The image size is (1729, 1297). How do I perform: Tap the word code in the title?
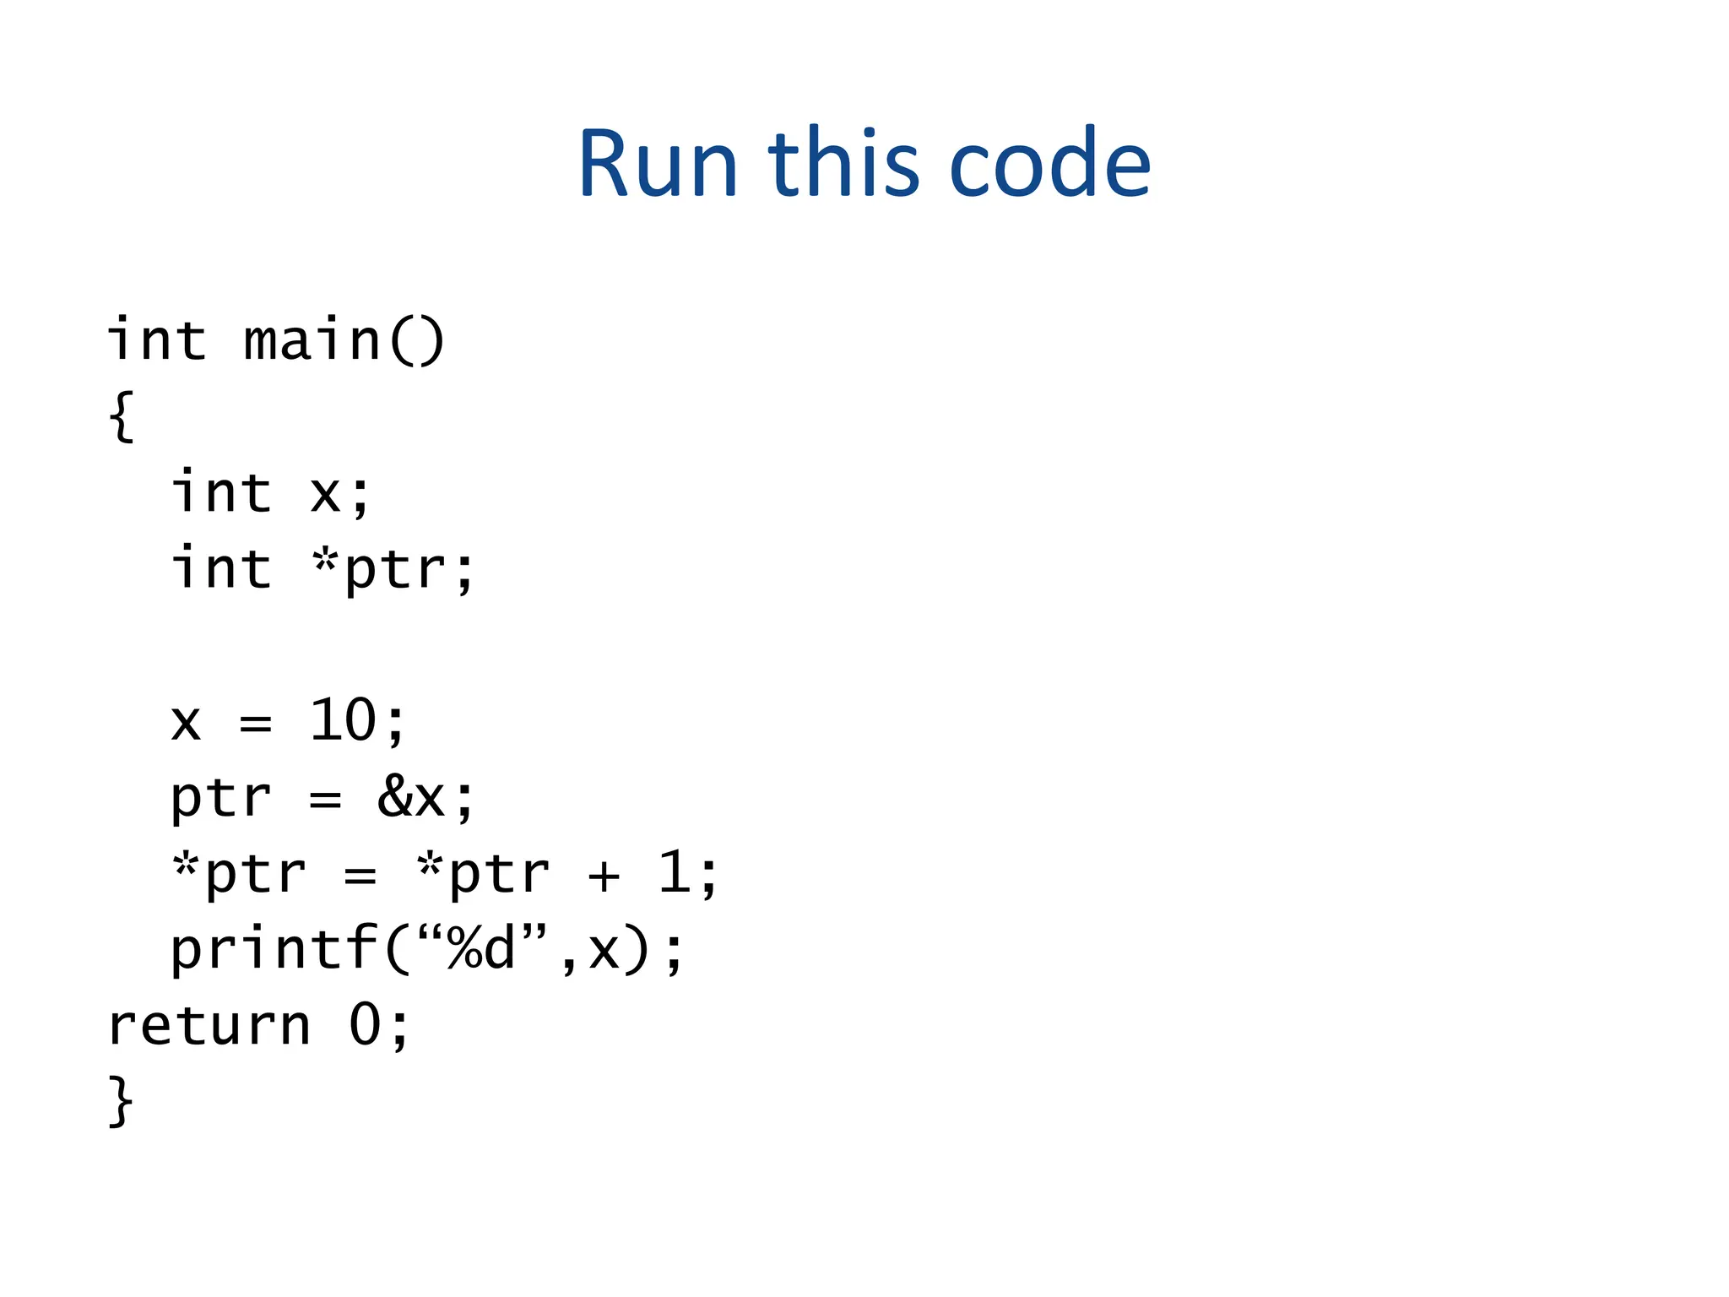pos(1049,164)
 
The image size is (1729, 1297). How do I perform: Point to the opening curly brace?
pos(122,415)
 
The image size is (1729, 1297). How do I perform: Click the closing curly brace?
pos(122,1101)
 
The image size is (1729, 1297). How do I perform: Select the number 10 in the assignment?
pos(343,721)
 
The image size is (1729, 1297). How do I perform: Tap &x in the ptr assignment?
pos(411,796)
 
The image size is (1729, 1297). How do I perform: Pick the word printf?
pos(274,949)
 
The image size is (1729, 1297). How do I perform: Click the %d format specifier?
pos(481,949)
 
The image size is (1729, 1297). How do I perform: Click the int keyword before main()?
pos(157,340)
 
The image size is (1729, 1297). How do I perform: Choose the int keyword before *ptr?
pos(222,569)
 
